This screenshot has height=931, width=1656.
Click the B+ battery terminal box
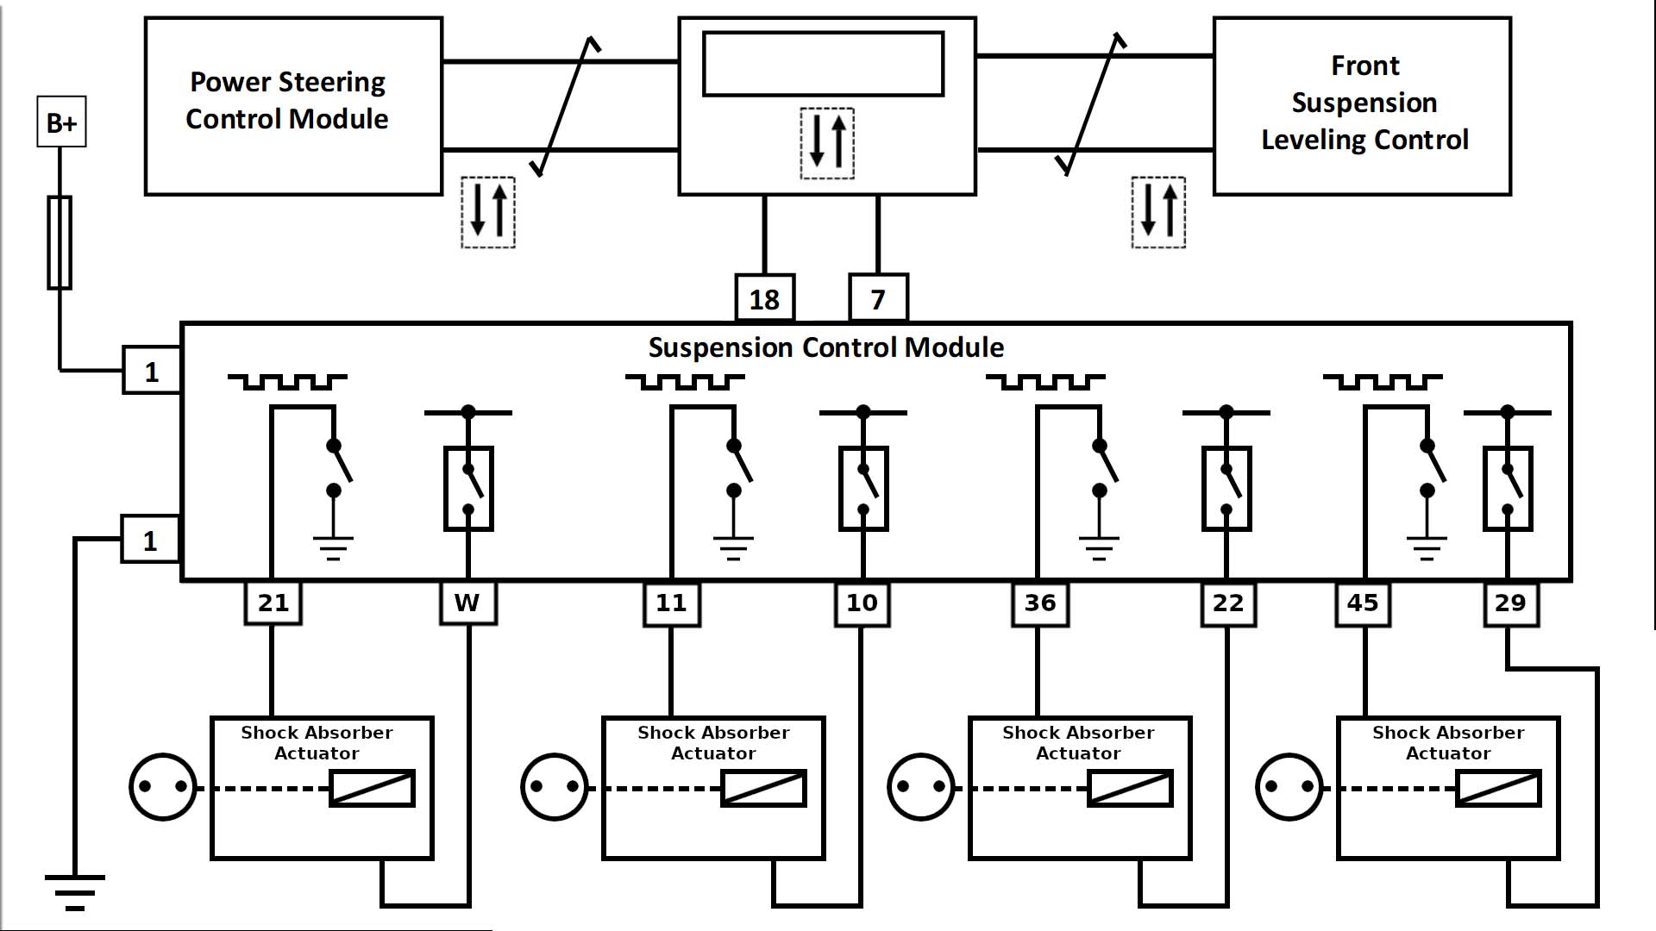(61, 122)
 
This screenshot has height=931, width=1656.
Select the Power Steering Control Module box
(293, 106)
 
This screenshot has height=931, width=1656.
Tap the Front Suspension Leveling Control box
(1362, 106)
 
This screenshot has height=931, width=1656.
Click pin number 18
(764, 298)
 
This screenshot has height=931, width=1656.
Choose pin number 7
(878, 298)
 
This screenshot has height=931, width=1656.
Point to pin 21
(273, 603)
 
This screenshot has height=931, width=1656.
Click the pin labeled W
(468, 603)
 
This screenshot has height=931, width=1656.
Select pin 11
(671, 603)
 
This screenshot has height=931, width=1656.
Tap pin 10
(862, 603)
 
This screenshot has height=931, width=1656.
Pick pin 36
(1039, 603)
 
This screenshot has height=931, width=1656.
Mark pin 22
(1227, 603)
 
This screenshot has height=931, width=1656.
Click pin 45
(1363, 603)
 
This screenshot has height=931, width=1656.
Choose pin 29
(1510, 603)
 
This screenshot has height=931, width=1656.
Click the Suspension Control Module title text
(825, 347)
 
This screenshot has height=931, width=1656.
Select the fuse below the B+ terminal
(60, 242)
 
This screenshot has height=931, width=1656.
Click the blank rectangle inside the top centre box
(823, 64)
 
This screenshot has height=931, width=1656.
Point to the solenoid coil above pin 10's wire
(763, 788)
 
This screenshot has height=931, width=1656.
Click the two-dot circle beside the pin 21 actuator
(163, 787)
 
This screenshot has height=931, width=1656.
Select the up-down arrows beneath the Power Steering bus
(488, 213)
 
